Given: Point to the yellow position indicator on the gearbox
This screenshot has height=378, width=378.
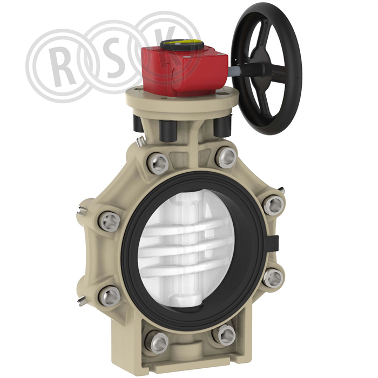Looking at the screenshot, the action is click(181, 44).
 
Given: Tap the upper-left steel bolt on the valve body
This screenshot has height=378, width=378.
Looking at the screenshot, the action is click(158, 164).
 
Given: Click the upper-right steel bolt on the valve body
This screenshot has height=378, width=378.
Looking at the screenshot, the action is click(226, 158).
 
